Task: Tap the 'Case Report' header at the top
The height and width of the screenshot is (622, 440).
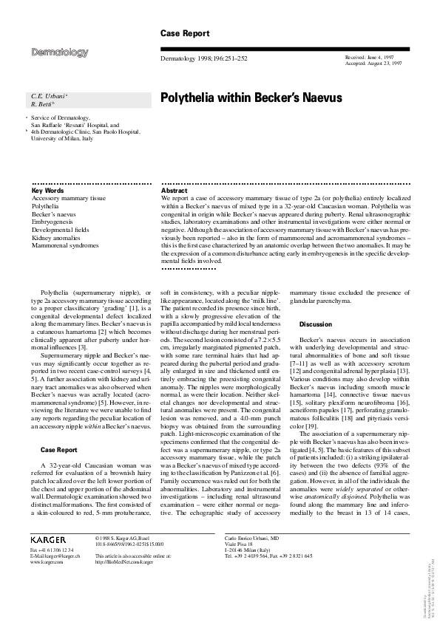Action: tap(185, 33)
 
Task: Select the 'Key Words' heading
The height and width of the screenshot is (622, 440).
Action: tap(48, 191)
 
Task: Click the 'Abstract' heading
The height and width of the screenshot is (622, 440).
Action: tap(174, 191)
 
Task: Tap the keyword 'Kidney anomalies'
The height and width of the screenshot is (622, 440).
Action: tap(58, 239)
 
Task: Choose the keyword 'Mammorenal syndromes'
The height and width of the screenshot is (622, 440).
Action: tap(64, 247)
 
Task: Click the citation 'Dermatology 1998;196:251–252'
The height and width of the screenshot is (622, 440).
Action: tap(203, 58)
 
